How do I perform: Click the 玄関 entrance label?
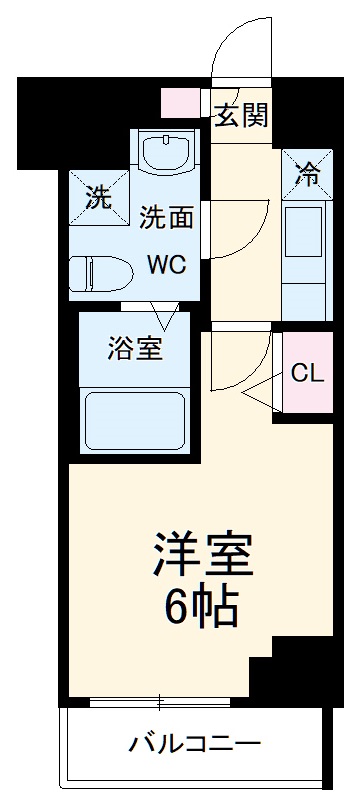click(241, 116)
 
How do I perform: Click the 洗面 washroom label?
click(165, 216)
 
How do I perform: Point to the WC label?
click(166, 266)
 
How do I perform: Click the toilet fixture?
click(100, 270)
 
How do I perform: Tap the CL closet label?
click(307, 374)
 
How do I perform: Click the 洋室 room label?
click(202, 552)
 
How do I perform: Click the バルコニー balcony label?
click(195, 744)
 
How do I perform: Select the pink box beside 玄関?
click(185, 102)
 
